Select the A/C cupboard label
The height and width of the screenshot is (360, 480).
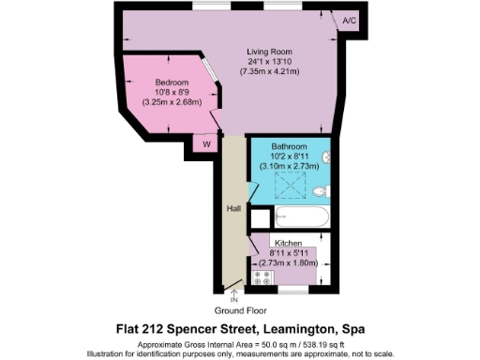(x=350, y=20)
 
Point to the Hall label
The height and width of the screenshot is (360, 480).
(x=233, y=209)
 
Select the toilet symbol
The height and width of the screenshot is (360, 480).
(x=321, y=190)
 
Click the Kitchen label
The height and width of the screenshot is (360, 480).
(x=287, y=243)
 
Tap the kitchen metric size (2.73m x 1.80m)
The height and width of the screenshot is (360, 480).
(x=287, y=263)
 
